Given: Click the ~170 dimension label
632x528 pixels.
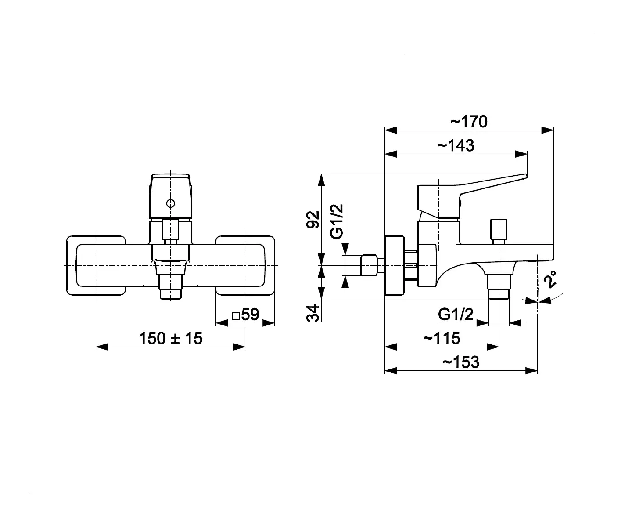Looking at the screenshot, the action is click(x=469, y=122).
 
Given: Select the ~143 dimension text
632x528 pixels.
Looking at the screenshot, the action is click(x=456, y=145).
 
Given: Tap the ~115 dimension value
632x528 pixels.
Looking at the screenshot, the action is click(x=442, y=338).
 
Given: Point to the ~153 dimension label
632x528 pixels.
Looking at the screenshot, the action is click(x=461, y=362).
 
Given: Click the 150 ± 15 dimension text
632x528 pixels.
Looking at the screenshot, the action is click(x=171, y=338).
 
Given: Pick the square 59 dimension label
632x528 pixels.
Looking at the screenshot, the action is click(x=245, y=315).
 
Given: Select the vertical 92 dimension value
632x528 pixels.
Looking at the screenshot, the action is click(x=313, y=220).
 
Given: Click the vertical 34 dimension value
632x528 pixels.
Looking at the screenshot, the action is click(x=313, y=313).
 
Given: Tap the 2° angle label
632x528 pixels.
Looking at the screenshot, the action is click(x=550, y=279).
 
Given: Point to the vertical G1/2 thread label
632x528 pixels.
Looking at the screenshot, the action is click(x=337, y=221).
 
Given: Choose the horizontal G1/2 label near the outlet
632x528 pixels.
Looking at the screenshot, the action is click(x=456, y=315).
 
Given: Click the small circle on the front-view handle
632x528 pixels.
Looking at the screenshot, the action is click(x=171, y=203).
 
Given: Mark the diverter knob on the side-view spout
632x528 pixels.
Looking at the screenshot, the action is click(x=499, y=231).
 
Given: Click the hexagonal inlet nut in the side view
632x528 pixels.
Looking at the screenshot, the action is click(x=369, y=265).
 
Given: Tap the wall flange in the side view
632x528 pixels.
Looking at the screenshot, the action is click(x=394, y=265).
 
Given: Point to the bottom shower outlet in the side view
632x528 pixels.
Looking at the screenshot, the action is click(x=499, y=287).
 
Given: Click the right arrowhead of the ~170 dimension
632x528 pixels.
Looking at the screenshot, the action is click(x=548, y=130).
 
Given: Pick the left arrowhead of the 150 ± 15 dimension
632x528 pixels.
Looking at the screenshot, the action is click(x=102, y=347).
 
